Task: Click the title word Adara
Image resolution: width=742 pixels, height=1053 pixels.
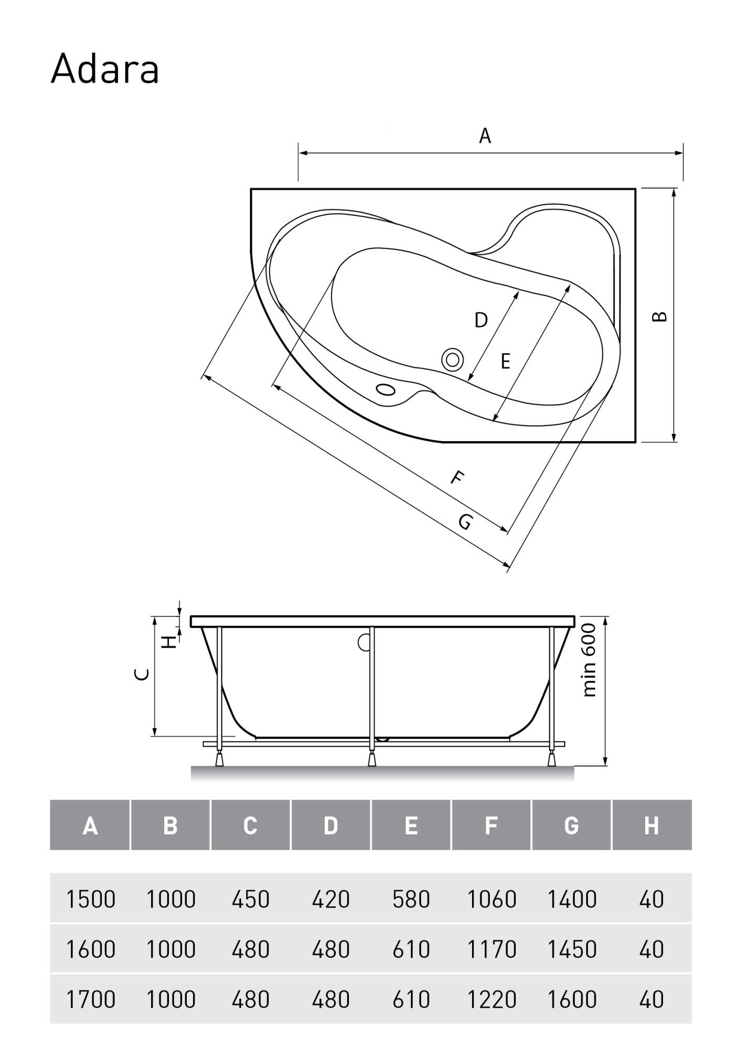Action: (x=105, y=69)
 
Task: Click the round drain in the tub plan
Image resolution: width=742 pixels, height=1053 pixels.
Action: (x=453, y=360)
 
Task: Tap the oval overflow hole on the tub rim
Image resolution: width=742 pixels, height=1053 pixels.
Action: (x=386, y=390)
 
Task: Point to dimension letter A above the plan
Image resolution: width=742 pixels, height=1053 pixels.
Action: (x=485, y=136)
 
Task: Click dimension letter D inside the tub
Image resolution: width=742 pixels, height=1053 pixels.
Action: (x=481, y=320)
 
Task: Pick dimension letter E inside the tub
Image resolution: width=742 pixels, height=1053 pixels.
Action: (x=505, y=362)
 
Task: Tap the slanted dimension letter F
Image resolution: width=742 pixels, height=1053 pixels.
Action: (x=458, y=478)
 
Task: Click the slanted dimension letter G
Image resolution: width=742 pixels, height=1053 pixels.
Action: (x=465, y=522)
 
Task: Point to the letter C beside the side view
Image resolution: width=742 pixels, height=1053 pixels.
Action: (x=143, y=674)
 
